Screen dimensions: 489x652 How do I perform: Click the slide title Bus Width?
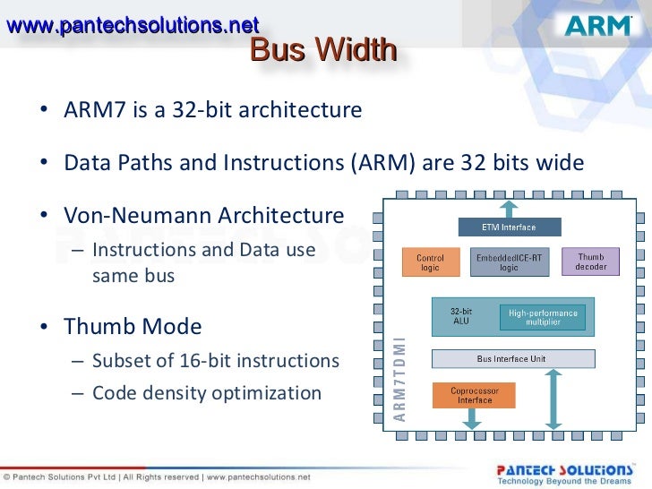pos(322,51)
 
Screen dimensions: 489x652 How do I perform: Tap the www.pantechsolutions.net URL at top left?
pos(133,25)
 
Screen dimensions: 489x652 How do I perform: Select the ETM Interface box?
pos(509,227)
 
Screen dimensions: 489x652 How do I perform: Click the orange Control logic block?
pos(430,263)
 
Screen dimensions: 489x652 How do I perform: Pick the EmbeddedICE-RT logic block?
pos(509,262)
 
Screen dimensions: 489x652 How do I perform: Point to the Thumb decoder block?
pos(590,262)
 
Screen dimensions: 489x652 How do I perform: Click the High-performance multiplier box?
pos(543,317)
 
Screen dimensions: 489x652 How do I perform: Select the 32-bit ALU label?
pos(462,317)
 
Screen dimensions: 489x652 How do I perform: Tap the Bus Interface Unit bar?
pos(513,359)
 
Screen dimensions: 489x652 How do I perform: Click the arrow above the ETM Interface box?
pos(509,208)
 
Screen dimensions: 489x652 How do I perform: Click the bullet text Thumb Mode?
pos(133,326)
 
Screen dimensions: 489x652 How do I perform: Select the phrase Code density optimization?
pos(206,393)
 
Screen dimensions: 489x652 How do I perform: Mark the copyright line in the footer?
pos(157,476)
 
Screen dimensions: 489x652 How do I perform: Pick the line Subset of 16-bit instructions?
pos(215,361)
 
